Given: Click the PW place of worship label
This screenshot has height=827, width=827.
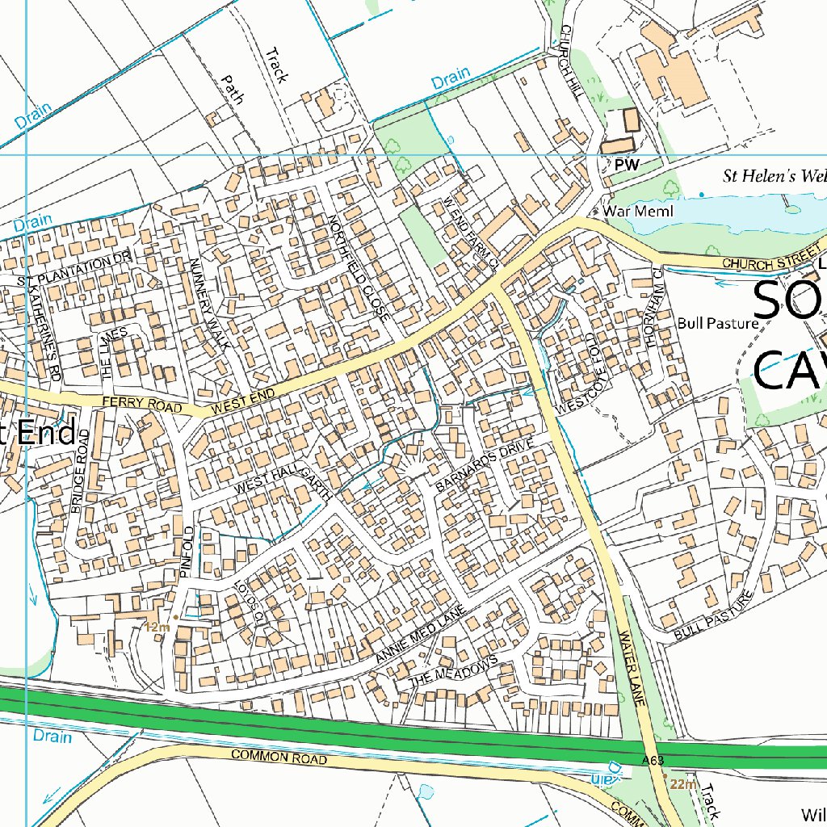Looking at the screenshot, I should click(x=626, y=165).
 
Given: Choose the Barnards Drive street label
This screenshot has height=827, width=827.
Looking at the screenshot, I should click(x=485, y=467).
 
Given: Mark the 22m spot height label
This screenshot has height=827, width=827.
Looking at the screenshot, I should click(x=683, y=785).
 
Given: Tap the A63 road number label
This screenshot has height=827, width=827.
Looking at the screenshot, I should click(x=654, y=761).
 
